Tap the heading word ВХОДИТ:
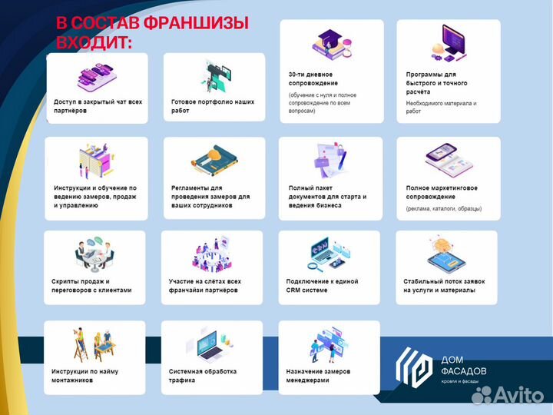pyautogui.click(x=94, y=43)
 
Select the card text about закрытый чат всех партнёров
pyautogui.click(x=98, y=106)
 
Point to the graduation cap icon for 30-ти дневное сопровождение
pyautogui.click(x=331, y=43)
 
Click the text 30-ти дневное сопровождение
pyautogui.click(x=313, y=78)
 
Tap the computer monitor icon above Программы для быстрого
pyautogui.click(x=451, y=43)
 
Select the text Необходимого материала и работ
pyautogui.click(x=441, y=107)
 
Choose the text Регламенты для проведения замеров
pyautogui.click(x=210, y=196)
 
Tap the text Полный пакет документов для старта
pyautogui.click(x=327, y=196)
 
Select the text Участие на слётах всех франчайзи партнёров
pyautogui.click(x=205, y=286)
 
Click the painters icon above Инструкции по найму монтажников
pyautogui.click(x=94, y=344)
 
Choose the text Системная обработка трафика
pyautogui.click(x=203, y=375)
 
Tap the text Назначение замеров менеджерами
pyautogui.click(x=320, y=375)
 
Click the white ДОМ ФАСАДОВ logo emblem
pyautogui.click(x=415, y=366)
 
